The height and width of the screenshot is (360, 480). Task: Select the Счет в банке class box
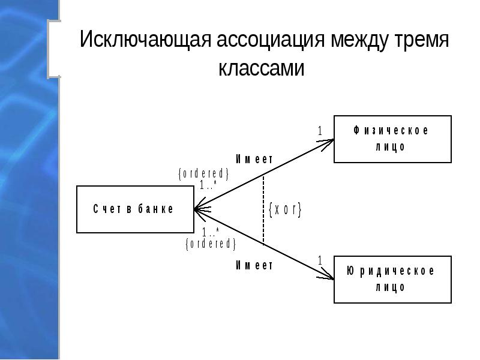click(x=134, y=209)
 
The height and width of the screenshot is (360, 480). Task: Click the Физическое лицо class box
click(x=392, y=139)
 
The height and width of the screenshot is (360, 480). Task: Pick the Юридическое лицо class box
click(x=392, y=279)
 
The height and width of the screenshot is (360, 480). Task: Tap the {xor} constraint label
click(x=284, y=210)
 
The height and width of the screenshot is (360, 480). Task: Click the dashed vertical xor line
click(x=264, y=210)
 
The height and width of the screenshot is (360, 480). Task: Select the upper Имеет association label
click(x=254, y=159)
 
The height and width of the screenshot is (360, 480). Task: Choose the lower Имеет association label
click(x=254, y=265)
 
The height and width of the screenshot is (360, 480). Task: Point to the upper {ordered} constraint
click(x=204, y=173)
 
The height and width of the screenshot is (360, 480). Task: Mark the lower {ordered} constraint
click(x=211, y=244)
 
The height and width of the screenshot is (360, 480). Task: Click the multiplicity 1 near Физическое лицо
click(x=320, y=130)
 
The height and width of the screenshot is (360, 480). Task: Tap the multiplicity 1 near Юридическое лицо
click(x=320, y=260)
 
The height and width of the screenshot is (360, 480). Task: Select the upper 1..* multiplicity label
click(x=208, y=185)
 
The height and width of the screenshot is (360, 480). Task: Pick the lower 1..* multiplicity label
click(x=211, y=232)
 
